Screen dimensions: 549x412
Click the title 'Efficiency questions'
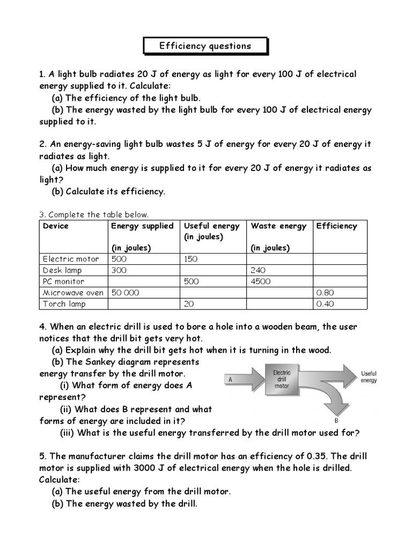(x=205, y=46)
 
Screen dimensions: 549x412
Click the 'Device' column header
(x=56, y=226)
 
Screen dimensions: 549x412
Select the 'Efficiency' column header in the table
(x=336, y=226)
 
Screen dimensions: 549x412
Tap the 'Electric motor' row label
(x=71, y=259)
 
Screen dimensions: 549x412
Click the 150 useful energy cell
(x=191, y=259)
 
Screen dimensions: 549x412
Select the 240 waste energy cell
(x=258, y=270)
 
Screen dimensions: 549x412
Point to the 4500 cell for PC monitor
(x=261, y=281)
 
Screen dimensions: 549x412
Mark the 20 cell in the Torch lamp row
(x=188, y=304)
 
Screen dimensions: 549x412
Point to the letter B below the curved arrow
(x=335, y=420)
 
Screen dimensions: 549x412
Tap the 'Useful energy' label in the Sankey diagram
(x=369, y=376)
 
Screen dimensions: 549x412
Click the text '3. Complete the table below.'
(x=94, y=214)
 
